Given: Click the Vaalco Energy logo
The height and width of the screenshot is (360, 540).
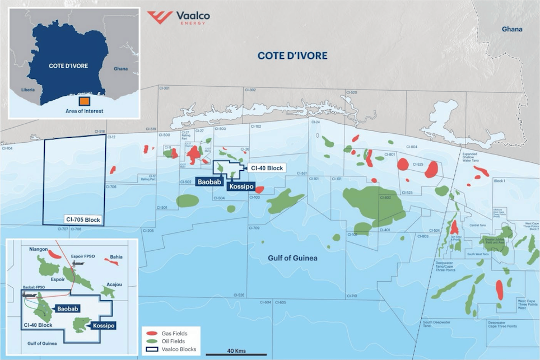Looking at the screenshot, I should [x=176, y=17].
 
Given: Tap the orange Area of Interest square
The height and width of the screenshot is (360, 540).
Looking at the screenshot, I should [x=84, y=101].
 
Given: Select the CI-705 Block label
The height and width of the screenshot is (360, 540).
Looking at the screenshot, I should [x=82, y=220].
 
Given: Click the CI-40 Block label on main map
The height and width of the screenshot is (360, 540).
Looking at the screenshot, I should [x=265, y=167].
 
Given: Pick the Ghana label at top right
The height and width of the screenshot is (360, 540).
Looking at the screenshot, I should [x=511, y=29].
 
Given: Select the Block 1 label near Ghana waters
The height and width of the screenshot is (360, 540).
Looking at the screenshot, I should [x=500, y=181].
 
